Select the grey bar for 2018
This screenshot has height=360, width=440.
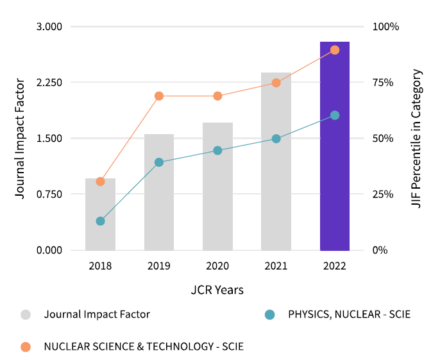[100, 218]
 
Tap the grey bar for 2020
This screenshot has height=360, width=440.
[217, 193]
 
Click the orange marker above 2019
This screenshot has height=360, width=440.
[159, 96]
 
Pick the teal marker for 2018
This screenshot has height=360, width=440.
[100, 221]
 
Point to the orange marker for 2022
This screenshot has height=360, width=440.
[334, 50]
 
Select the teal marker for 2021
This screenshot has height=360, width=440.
[276, 139]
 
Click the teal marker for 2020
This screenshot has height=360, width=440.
[217, 151]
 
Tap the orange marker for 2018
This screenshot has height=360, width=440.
[100, 182]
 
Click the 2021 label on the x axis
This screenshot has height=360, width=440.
[276, 266]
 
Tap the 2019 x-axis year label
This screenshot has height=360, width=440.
[159, 266]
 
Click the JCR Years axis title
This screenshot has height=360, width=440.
[217, 290]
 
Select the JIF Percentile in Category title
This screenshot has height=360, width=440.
[417, 138]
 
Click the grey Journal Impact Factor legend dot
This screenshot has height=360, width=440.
[26, 314]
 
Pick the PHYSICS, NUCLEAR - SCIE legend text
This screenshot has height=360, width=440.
[349, 314]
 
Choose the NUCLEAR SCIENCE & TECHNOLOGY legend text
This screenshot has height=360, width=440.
[144, 347]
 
